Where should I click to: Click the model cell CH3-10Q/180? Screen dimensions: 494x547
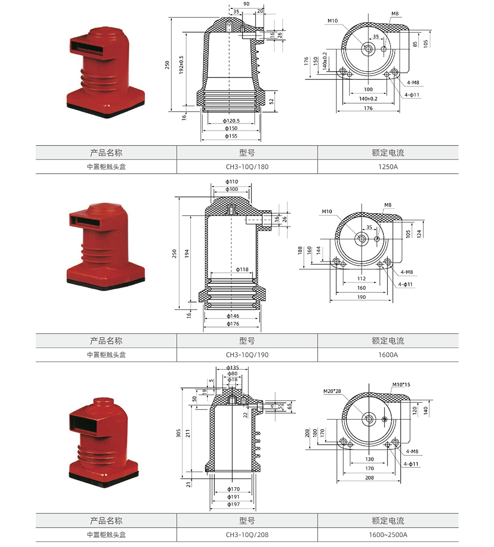point(247,167)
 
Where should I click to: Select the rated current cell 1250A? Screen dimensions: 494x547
point(388,167)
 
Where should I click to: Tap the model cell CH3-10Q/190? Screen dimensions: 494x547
point(247,355)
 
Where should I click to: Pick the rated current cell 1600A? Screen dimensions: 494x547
point(388,355)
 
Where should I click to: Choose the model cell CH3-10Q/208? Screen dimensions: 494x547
point(247,535)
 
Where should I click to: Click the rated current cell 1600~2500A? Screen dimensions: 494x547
point(388,535)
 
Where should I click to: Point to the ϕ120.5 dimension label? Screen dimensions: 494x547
point(231,120)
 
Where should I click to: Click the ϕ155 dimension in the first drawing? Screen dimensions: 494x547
point(231,136)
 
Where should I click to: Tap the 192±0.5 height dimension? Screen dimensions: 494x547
point(181,65)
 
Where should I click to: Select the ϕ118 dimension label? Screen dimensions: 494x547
point(242,270)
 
